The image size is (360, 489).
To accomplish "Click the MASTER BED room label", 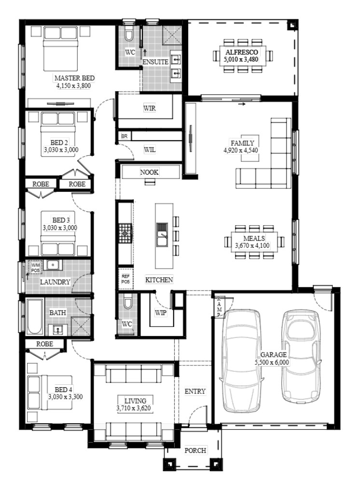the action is coord(74,78).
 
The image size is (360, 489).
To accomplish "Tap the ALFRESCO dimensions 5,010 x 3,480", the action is coord(241,59).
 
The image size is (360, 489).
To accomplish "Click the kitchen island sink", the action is coord(162,235).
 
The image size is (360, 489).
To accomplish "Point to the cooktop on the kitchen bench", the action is coord(125,232).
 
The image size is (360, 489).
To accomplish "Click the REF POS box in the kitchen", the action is coord(125,279).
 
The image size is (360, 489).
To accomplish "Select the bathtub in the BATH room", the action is coord(35,316).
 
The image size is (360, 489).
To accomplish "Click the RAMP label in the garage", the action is coord(219,307).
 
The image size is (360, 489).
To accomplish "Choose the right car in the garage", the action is coord(301,355).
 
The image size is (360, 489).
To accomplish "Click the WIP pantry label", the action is coord(161,312).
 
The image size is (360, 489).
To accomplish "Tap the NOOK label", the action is coord(149,172).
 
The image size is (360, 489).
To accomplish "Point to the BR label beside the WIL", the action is coord(124,136).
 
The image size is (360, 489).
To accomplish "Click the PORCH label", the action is coord(195,450).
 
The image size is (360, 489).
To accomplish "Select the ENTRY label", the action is coord(195,391).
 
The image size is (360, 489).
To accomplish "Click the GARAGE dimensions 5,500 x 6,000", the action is coord(272,362).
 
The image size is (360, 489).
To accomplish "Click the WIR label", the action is coord(150,108).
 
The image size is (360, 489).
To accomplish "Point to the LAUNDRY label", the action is coord(55,282).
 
